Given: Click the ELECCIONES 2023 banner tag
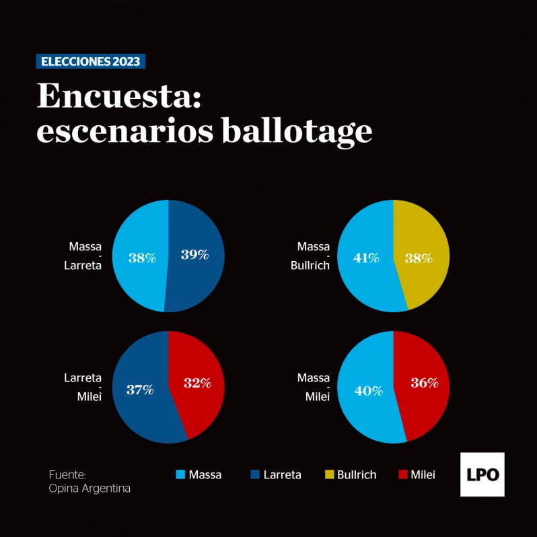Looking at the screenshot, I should [x=90, y=61].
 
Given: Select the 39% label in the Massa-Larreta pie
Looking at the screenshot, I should [x=194, y=255].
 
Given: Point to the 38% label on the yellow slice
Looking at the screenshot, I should [x=418, y=258].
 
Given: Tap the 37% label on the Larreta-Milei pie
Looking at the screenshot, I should [x=141, y=389].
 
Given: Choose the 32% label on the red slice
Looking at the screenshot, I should [x=198, y=383].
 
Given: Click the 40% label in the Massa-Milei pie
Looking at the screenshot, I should [x=368, y=390].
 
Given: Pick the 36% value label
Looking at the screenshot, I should [x=425, y=383].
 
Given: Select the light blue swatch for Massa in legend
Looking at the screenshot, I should [x=180, y=474].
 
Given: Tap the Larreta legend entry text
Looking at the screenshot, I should [x=282, y=475].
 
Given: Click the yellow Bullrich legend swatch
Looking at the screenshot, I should [x=329, y=474].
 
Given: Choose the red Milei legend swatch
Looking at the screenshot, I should [x=402, y=474].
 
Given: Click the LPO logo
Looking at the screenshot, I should [x=482, y=474].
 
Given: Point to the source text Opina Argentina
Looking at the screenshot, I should [x=89, y=489].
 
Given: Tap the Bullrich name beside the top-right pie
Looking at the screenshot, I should [x=310, y=265].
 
